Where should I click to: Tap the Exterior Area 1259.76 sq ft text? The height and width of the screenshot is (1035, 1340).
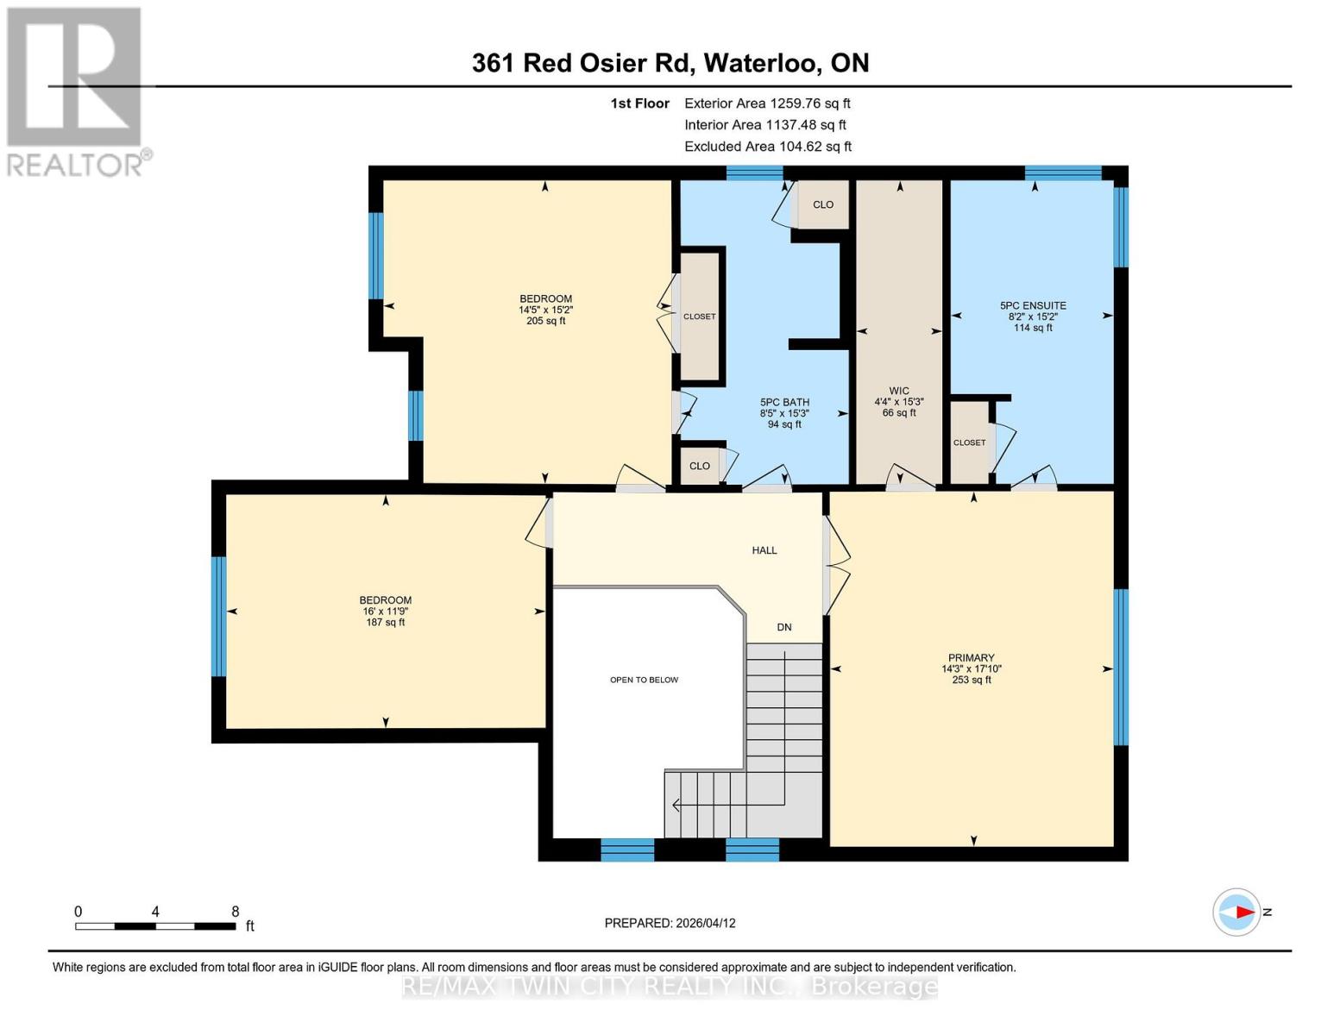click(767, 103)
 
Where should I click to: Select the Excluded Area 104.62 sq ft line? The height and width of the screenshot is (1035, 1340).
click(767, 147)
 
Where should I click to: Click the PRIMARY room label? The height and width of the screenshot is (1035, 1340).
click(971, 657)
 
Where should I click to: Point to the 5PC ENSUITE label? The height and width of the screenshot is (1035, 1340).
click(1033, 305)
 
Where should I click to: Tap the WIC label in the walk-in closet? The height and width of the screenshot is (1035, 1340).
click(898, 391)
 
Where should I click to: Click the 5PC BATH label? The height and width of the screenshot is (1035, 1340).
click(783, 402)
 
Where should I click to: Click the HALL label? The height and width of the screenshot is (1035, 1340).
click(764, 550)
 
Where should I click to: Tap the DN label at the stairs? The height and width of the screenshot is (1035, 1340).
click(783, 628)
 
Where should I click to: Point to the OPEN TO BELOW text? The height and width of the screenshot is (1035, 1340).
click(644, 680)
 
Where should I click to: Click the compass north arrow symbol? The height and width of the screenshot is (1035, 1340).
click(1240, 912)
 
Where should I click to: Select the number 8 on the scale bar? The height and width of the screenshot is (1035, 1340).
click(235, 912)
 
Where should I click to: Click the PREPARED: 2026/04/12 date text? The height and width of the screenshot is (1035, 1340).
click(670, 923)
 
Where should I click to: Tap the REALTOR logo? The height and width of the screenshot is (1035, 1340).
click(76, 91)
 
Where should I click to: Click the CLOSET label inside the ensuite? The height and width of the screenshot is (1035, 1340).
click(969, 442)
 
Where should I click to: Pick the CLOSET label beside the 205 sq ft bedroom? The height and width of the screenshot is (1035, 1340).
click(699, 317)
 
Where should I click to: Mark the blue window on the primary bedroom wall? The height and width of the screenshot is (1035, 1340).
click(1121, 666)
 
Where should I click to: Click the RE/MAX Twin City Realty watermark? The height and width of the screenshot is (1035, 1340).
click(670, 987)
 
